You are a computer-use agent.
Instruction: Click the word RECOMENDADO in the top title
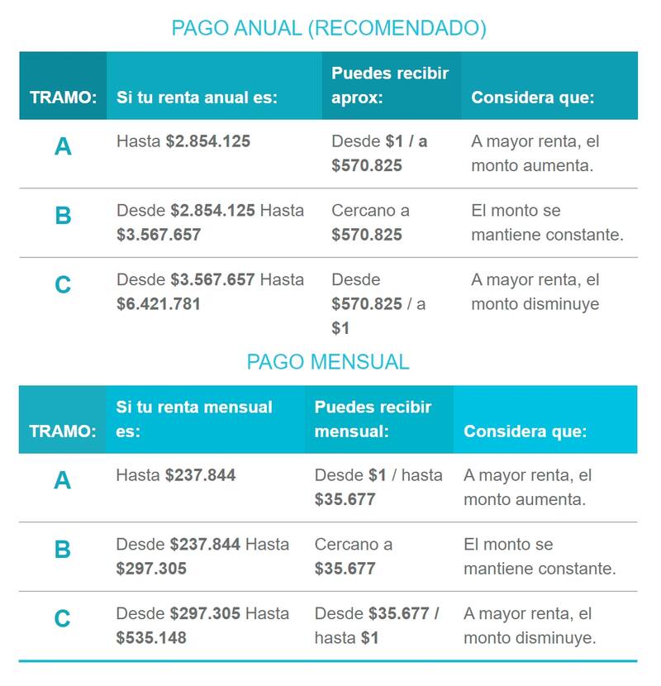click(396, 28)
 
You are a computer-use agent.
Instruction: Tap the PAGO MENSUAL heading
click(328, 362)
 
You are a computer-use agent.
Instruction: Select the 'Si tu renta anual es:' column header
click(197, 98)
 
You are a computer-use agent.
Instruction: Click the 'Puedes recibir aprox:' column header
click(390, 85)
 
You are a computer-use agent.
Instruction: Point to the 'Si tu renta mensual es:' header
click(194, 419)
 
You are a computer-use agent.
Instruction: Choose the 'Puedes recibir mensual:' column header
click(373, 419)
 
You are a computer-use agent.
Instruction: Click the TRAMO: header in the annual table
click(64, 98)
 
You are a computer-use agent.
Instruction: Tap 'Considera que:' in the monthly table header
click(525, 431)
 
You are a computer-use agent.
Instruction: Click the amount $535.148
click(151, 638)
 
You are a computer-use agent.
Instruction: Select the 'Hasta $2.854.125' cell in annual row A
click(183, 141)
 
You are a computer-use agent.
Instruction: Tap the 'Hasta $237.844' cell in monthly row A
click(176, 475)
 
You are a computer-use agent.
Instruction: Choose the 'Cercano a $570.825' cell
click(370, 222)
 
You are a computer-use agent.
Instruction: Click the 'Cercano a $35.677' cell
click(353, 556)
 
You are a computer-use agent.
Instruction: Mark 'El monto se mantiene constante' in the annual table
click(547, 222)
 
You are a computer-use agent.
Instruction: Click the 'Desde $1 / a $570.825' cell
click(379, 153)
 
